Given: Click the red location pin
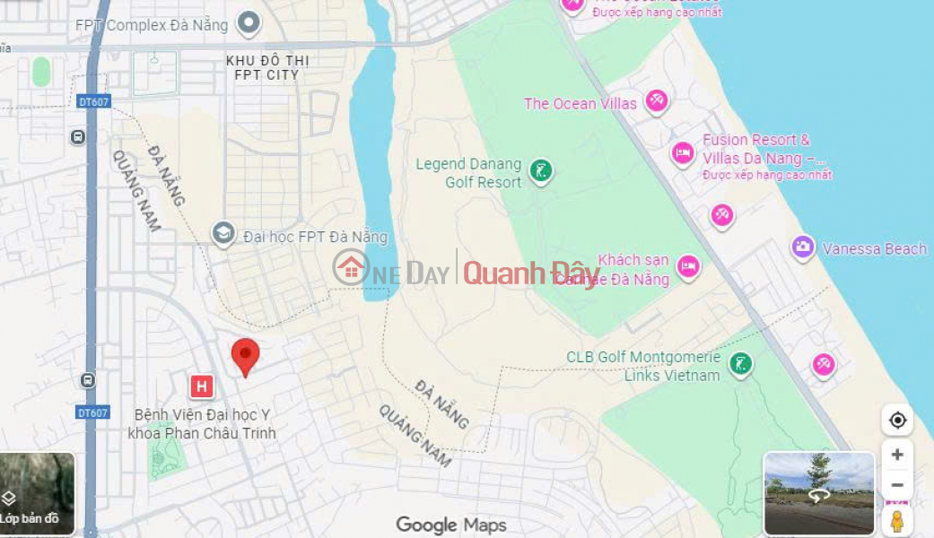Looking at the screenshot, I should coord(245,355).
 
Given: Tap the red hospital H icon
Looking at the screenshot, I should coord(202,387).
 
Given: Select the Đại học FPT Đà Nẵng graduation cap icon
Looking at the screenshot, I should coord(223,234).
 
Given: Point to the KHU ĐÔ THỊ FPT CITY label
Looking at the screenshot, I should coord(266,67).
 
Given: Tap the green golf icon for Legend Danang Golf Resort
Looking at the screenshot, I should coord(540,170).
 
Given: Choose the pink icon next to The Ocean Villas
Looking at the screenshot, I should coord(657,101).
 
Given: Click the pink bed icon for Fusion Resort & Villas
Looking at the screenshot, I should coord(683,153).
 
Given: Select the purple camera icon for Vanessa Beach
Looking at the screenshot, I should coord(803,247).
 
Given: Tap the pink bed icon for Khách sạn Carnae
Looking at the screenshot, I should coord(688,266).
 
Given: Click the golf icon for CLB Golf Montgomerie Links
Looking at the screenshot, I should coord(740,364).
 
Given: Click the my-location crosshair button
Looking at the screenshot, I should coord(896,420).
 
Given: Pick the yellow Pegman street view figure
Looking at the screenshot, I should coord(896,520).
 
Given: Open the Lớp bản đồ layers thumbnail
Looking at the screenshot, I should coord(37,494).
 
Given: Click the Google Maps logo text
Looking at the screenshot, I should coord(451,525).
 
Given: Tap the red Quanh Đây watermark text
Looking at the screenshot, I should coord(531,272).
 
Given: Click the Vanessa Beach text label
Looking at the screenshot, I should coord(874,249).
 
